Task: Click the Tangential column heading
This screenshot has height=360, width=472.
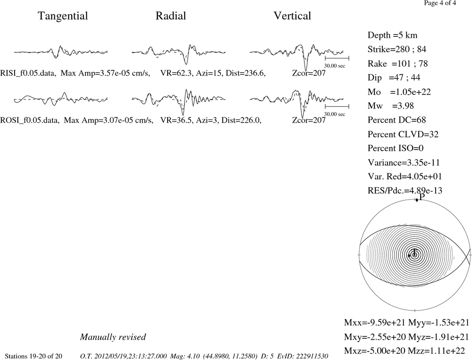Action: click(63, 16)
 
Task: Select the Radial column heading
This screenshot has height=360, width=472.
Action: click(171, 16)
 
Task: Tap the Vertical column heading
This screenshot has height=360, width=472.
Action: click(292, 16)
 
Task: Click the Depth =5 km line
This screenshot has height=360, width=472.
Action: click(393, 35)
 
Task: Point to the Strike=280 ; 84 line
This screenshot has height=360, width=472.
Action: click(397, 49)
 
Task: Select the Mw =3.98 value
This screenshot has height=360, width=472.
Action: click(391, 106)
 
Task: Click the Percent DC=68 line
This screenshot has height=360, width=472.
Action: click(397, 120)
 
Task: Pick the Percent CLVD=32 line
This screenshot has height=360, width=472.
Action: click(403, 134)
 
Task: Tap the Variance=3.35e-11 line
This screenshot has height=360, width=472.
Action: click(404, 162)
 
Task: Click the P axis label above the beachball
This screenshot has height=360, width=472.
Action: click(422, 197)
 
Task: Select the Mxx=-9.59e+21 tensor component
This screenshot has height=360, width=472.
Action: click(375, 323)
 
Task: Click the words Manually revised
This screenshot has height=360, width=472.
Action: click(113, 337)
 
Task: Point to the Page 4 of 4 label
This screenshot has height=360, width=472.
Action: click(440, 3)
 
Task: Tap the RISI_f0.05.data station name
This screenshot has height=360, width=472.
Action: click(28, 73)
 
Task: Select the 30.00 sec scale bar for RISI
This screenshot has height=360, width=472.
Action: click(337, 58)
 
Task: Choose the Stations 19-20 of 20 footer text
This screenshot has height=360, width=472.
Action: click(34, 356)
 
